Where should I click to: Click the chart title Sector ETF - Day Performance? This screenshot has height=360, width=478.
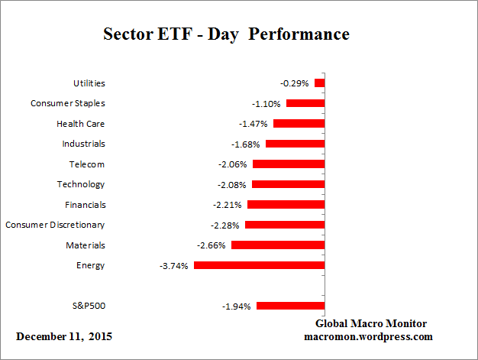point(226,35)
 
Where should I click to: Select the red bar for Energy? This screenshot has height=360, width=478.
point(259,265)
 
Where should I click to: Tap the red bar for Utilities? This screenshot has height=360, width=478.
point(319,83)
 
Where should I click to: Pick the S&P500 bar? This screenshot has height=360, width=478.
point(290,306)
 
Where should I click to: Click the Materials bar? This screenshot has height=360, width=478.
point(278,245)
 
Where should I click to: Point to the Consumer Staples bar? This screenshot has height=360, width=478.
point(305,103)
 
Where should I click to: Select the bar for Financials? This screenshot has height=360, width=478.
point(286,205)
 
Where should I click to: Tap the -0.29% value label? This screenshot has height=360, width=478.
point(296,83)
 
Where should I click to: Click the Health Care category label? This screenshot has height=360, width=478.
point(80,124)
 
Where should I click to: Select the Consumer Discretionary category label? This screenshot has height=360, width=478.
point(55,225)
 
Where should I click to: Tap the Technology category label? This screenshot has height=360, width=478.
point(81,184)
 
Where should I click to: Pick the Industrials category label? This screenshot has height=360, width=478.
point(83,144)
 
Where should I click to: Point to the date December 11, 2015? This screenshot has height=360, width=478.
point(67,337)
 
